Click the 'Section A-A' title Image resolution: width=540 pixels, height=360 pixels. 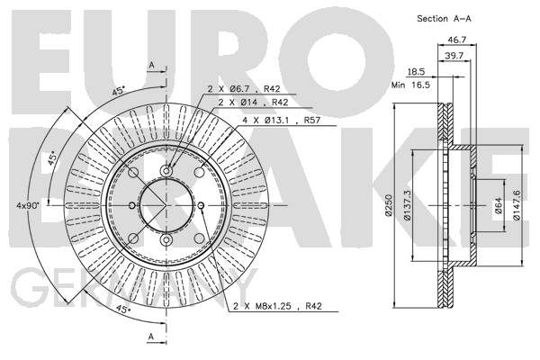(444, 19)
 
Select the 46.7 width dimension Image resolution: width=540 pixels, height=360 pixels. (456, 40)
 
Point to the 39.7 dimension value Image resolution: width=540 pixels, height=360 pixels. (454, 56)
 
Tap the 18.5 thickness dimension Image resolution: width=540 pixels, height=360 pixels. (416, 72)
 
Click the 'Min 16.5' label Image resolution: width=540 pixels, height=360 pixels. (411, 85)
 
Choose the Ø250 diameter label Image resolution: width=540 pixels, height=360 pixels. (389, 205)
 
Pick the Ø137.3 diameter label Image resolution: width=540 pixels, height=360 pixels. (407, 205)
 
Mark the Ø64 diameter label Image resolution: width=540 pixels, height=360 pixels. (499, 205)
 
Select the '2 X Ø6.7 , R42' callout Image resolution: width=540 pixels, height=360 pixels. (244, 89)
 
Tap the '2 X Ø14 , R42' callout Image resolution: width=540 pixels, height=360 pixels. (253, 103)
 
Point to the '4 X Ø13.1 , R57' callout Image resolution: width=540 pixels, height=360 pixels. (282, 121)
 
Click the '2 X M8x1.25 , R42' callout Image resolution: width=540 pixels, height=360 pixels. (277, 306)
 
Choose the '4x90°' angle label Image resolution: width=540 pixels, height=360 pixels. (28, 205)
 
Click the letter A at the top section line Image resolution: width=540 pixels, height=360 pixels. (151, 65)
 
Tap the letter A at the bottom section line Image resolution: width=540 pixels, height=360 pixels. (151, 337)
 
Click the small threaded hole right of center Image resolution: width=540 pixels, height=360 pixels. (202, 206)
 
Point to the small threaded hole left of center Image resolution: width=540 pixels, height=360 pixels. (132, 206)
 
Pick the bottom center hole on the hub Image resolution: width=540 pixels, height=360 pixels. (166, 239)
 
